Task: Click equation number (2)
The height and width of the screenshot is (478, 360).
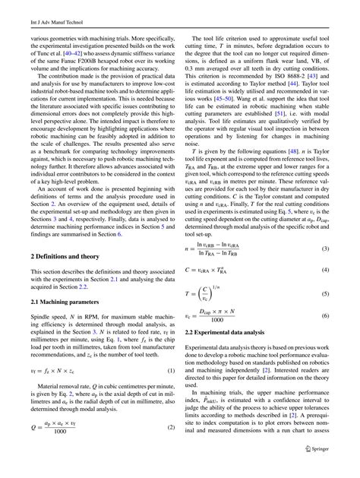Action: point(172,428)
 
